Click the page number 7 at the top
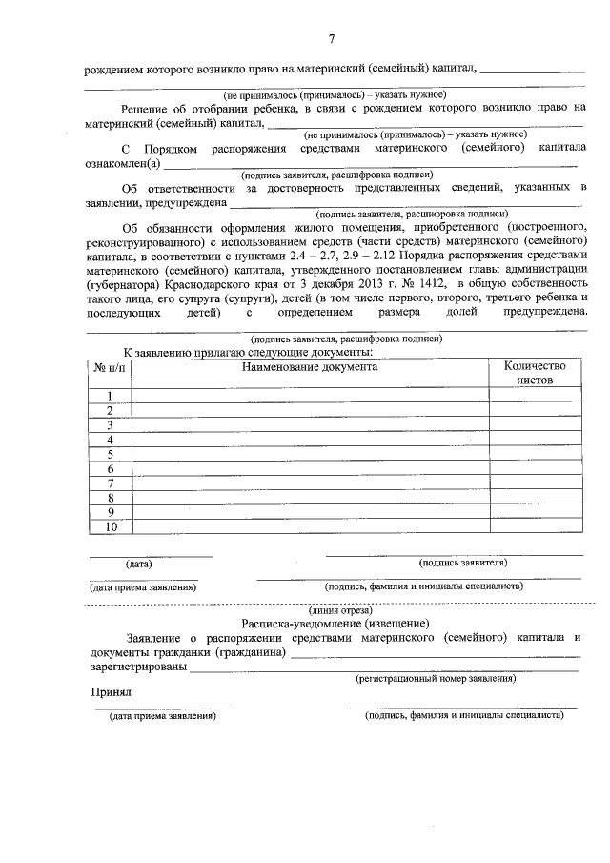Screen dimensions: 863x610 pos(331,38)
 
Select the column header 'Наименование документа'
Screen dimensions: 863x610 pos(309,365)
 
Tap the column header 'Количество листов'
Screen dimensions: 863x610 pos(535,372)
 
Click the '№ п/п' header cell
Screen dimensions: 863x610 pos(110,366)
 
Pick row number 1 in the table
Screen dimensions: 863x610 pos(111,396)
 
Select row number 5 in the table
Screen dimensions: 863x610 pos(111,454)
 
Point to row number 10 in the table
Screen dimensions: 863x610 pos(111,526)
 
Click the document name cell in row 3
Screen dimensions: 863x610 pos(309,425)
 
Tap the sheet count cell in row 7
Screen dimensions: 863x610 pos(535,483)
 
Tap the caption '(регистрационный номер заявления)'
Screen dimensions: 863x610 pos(436,678)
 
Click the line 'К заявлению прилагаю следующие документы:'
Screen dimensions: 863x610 pos(247,352)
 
